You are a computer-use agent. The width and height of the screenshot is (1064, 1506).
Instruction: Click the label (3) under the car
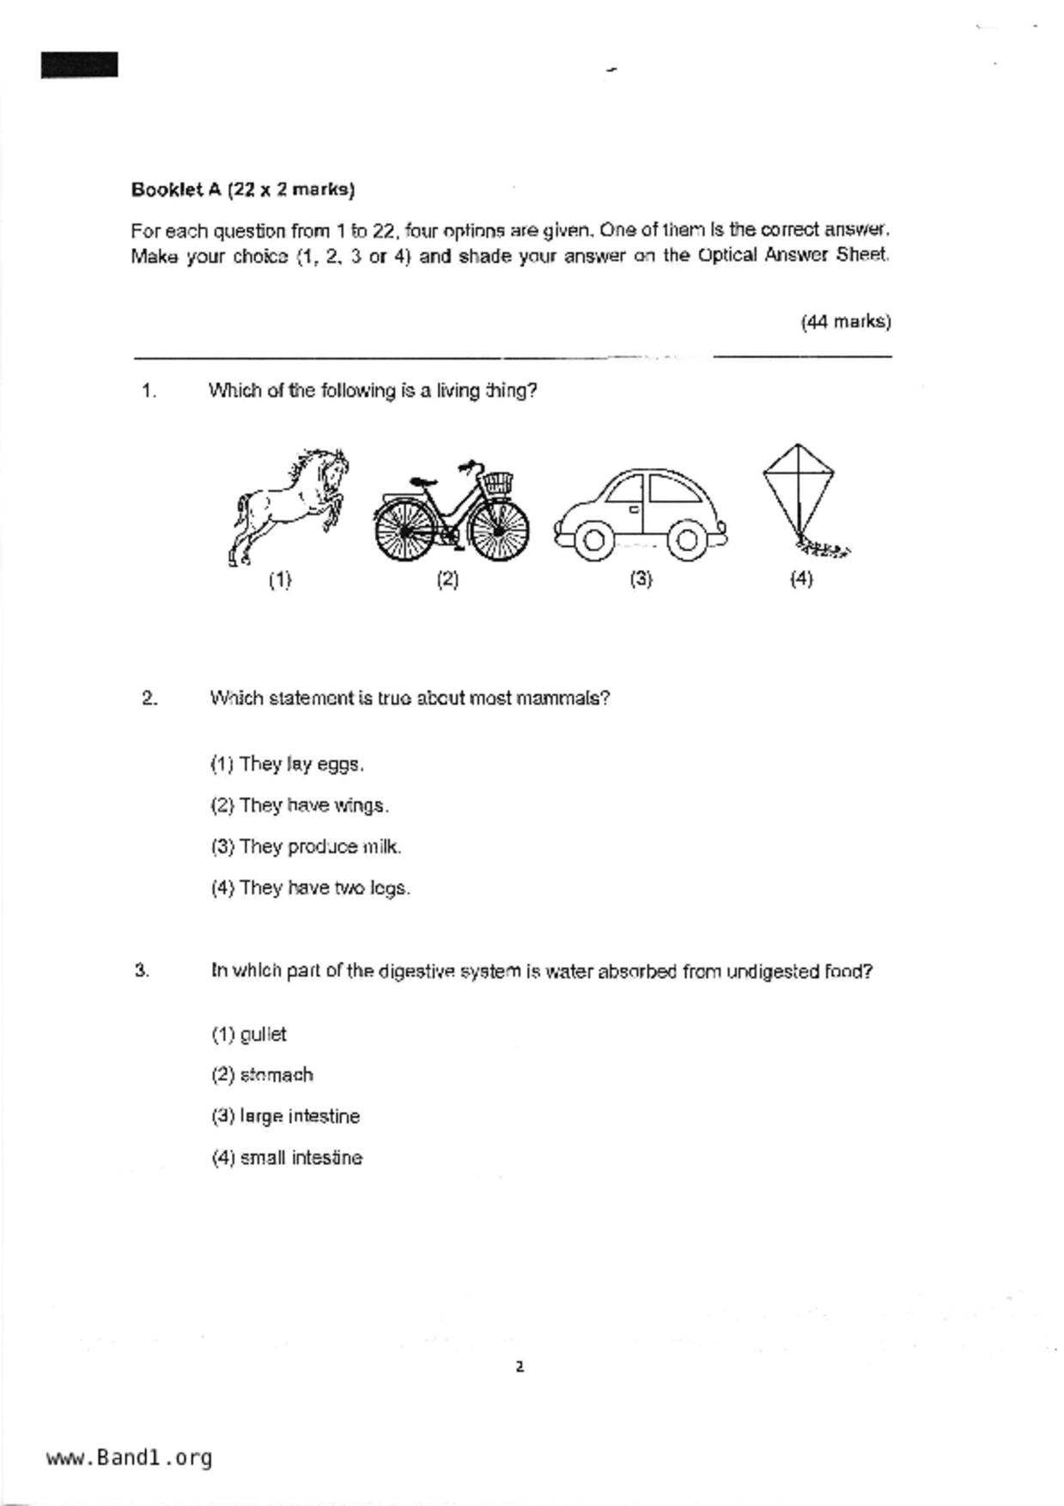coord(641,579)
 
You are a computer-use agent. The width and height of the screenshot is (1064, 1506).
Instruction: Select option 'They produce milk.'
coord(306,847)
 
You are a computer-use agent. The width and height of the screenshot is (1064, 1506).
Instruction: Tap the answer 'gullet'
coord(249,1035)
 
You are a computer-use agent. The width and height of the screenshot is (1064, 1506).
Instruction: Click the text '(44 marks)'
coord(846,322)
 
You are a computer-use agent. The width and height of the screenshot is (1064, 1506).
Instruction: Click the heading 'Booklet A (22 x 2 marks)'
coord(243,189)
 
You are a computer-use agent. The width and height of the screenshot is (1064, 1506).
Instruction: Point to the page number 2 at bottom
coord(519,1367)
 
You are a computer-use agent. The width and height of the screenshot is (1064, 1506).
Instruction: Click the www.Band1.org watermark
coord(129,1458)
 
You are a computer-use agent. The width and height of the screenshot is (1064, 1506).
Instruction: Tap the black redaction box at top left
coord(79,65)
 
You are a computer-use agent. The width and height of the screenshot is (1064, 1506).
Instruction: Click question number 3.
coord(143,971)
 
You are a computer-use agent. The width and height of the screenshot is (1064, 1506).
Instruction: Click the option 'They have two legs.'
coord(310,888)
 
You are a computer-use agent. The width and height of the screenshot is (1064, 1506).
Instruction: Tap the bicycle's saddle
coord(423,482)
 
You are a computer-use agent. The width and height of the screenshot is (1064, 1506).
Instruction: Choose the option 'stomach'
coord(263,1075)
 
